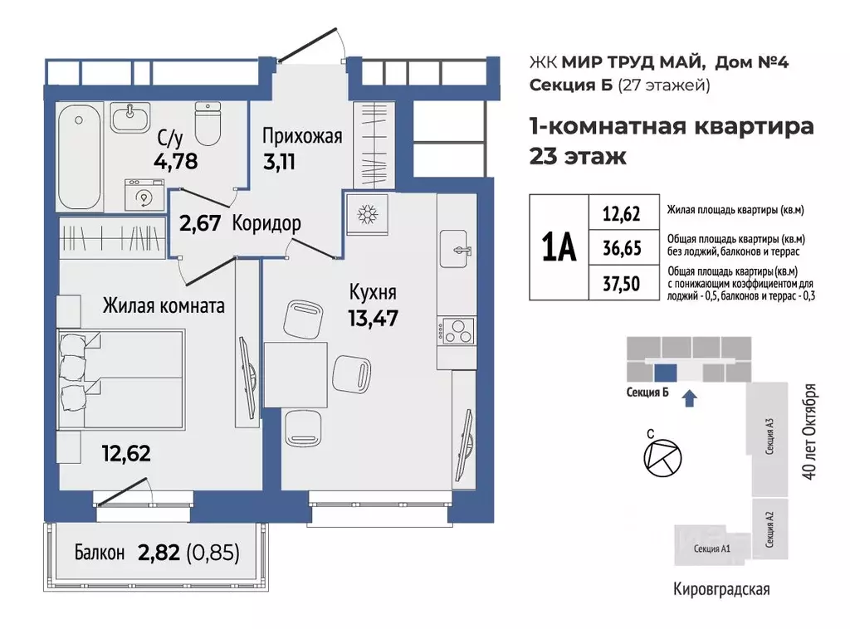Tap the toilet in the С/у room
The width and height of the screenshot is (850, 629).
coord(207,124)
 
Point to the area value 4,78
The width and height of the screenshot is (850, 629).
coord(175,160)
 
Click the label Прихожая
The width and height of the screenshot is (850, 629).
coord(302,136)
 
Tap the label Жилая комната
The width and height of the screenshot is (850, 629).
coord(164,306)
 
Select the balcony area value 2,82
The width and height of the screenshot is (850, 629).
coord(155,552)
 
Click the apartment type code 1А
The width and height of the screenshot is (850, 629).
coord(558,246)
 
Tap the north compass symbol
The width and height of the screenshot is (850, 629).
coord(662,456)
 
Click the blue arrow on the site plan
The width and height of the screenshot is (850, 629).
coord(688,399)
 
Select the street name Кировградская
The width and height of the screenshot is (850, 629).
coord(721,590)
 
